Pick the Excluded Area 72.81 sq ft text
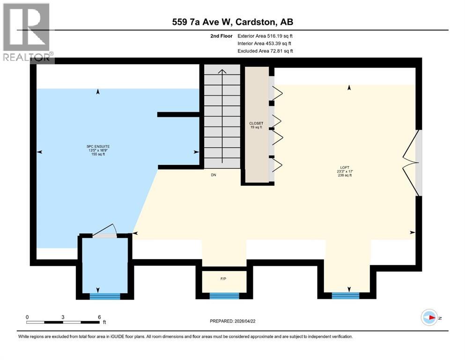pos(266,51)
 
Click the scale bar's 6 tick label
pos(99,317)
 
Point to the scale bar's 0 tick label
pos(27,317)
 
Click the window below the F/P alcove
pos(224,296)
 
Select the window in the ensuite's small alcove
pos(105,296)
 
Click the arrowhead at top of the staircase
pos(223,71)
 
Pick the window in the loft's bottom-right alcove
pos(346,296)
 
